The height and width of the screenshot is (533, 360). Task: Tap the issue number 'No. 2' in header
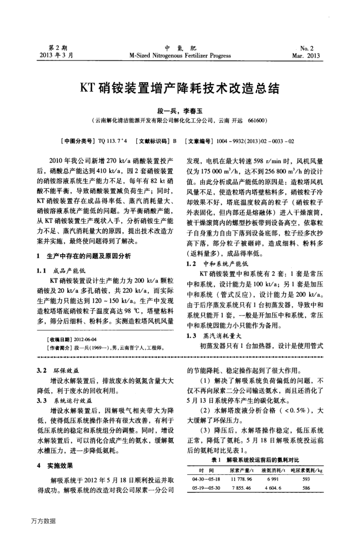tap(312, 47)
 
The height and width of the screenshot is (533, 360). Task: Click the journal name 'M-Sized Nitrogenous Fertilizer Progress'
tap(181, 56)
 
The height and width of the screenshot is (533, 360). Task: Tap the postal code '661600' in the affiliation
tap(257, 121)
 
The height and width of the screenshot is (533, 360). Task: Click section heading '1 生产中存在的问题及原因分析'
tap(84, 256)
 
